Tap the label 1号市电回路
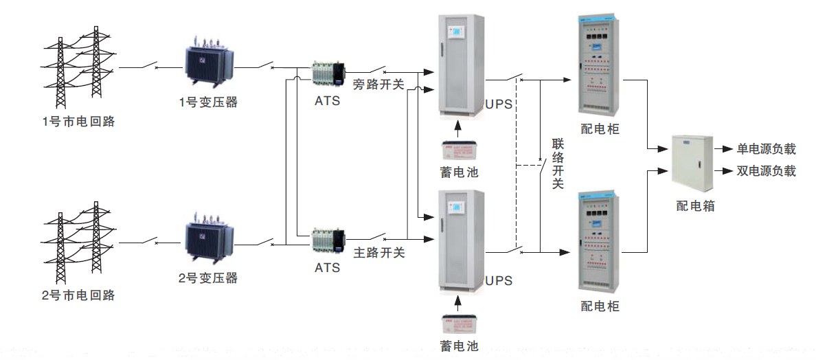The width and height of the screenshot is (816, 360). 78,122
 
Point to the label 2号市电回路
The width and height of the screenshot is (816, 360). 78,295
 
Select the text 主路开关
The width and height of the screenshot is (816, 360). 378,253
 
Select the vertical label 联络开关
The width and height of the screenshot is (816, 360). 558,164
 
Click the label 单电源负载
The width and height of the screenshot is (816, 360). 766,149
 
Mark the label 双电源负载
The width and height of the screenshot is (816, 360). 766,170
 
